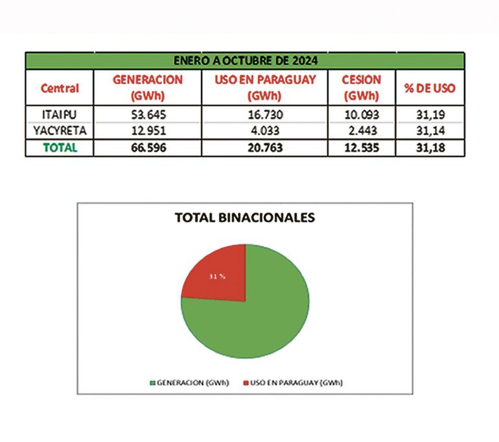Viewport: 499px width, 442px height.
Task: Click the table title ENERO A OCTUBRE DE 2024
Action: [x=245, y=61]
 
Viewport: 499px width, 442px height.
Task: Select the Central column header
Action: [x=60, y=87]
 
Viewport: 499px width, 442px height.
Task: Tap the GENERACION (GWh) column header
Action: [x=147, y=87]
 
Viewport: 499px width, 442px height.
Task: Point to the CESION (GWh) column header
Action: [x=361, y=87]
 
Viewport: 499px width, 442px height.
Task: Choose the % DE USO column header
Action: [x=430, y=87]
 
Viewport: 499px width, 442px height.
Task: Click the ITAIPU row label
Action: [x=60, y=115]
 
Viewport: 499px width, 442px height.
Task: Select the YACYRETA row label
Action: [x=60, y=131]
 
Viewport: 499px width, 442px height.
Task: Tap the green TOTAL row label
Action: [x=60, y=147]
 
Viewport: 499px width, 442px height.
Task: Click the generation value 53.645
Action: [x=147, y=115]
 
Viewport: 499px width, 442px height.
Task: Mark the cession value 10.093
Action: [x=361, y=115]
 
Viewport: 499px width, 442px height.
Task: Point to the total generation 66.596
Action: [x=147, y=147]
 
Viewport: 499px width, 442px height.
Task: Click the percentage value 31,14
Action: [x=430, y=131]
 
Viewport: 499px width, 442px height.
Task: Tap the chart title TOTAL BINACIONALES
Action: [x=245, y=218]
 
